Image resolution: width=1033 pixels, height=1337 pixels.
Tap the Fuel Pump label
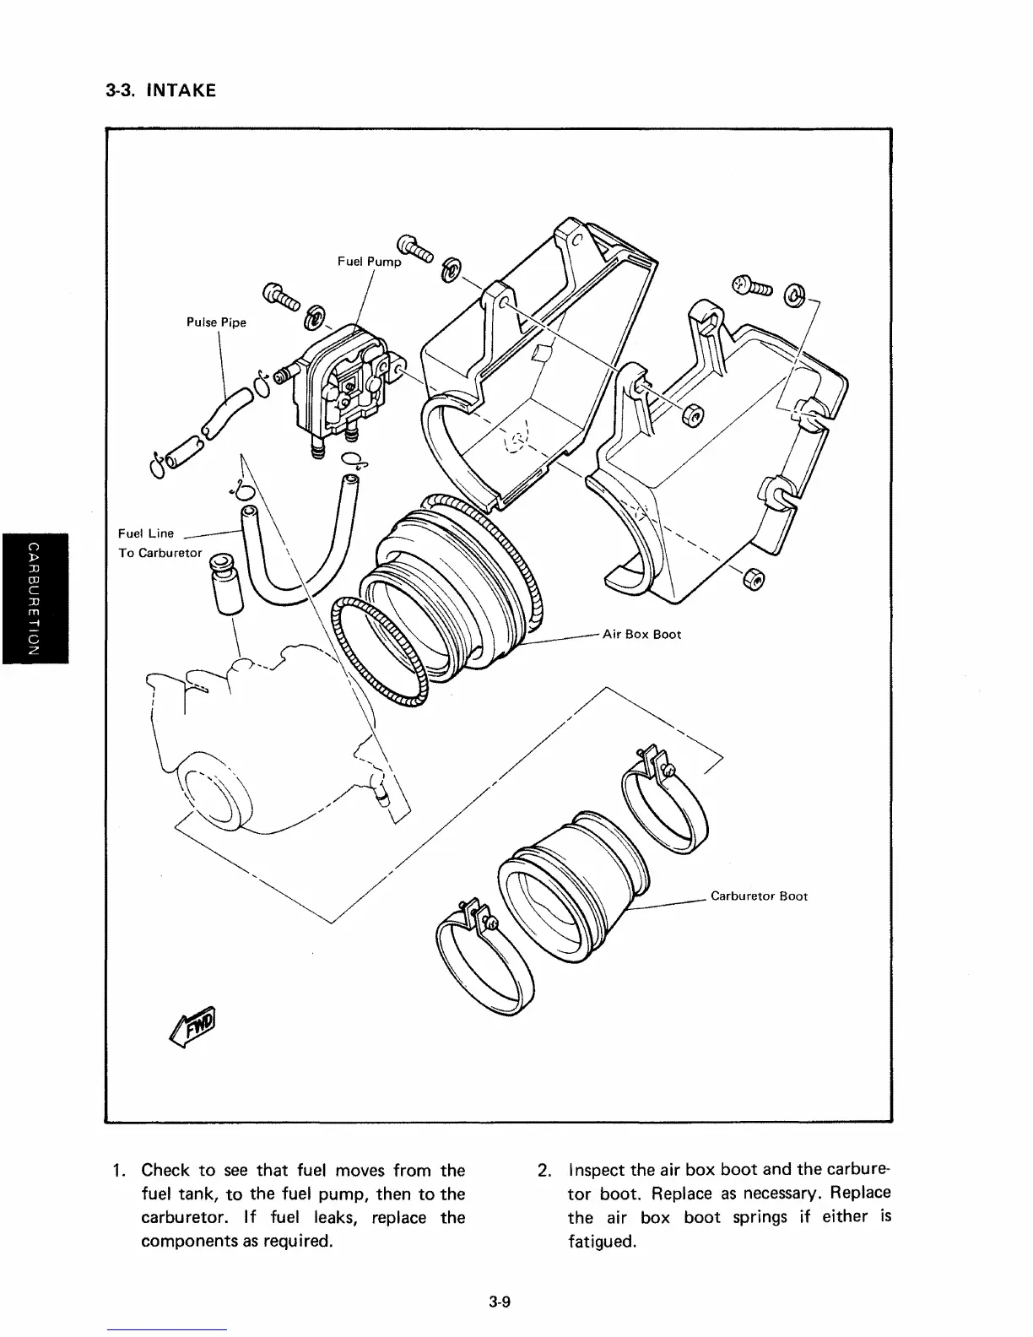[369, 262]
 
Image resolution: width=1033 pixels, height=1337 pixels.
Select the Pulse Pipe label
[216, 322]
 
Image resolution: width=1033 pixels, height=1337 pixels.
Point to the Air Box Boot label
[641, 634]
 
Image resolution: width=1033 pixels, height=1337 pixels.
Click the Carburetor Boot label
[759, 896]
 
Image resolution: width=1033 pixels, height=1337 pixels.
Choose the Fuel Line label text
[146, 533]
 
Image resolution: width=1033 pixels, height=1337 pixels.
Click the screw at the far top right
[751, 287]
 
